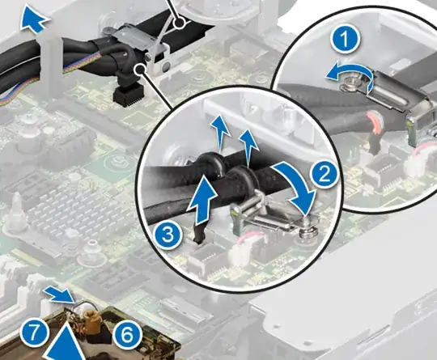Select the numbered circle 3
coord(168,234)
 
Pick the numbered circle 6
coord(127,335)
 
